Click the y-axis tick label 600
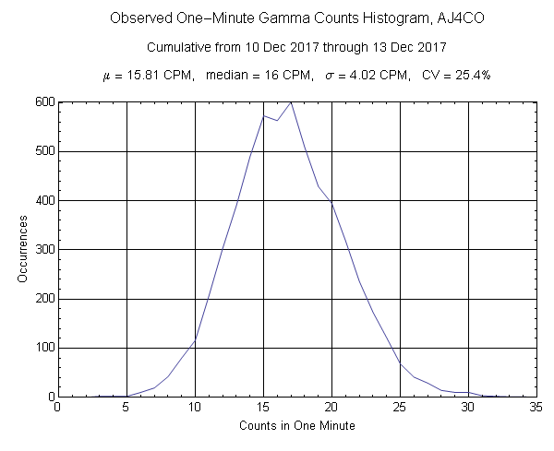42,102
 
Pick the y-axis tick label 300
42,250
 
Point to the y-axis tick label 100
42,349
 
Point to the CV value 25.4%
471,75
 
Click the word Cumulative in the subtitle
177,46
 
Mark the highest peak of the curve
291,102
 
